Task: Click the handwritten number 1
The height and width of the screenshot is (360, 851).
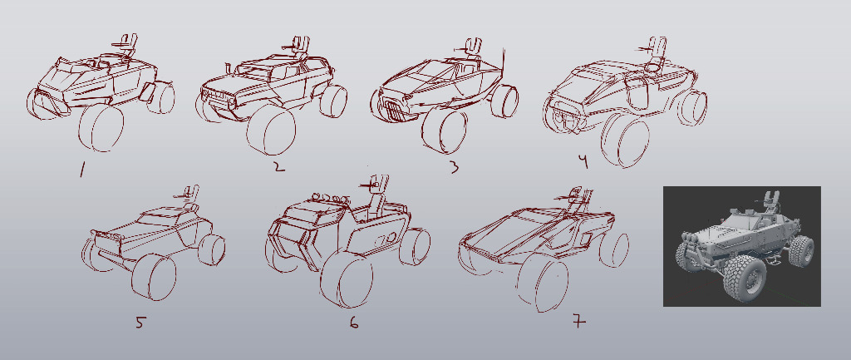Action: (x=82, y=170)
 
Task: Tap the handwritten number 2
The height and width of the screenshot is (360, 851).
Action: (x=278, y=165)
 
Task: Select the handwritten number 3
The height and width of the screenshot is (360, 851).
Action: (x=454, y=166)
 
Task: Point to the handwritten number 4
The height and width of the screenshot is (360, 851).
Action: (x=583, y=162)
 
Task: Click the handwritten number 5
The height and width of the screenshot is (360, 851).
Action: (x=140, y=323)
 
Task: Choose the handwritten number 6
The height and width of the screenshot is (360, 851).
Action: (x=354, y=323)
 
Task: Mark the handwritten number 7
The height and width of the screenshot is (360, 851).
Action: (x=579, y=322)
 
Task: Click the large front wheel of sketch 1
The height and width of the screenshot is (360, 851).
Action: (x=101, y=128)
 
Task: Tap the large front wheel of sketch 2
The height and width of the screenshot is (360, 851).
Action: (x=271, y=130)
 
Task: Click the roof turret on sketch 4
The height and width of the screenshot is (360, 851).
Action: (x=656, y=54)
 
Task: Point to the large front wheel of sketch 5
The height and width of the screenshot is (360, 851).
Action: (x=154, y=277)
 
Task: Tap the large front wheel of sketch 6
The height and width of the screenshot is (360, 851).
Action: (x=346, y=280)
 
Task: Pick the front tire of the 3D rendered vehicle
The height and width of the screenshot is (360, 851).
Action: (x=742, y=279)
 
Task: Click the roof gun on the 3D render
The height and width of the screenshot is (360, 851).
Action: (x=772, y=201)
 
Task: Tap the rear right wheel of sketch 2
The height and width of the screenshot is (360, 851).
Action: (x=333, y=101)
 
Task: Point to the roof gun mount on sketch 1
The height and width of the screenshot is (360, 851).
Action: (x=126, y=45)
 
